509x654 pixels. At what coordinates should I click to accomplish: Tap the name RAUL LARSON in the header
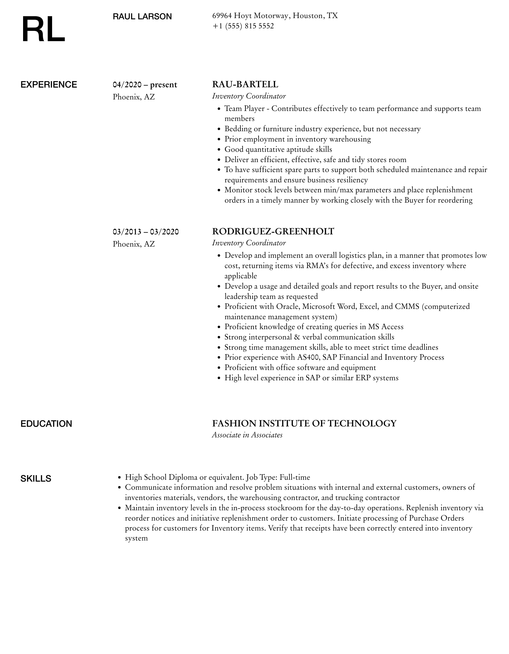click(x=142, y=17)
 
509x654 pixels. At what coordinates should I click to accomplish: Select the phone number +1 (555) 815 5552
click(x=243, y=26)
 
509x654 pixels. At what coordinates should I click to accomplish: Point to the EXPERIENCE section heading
click(x=49, y=85)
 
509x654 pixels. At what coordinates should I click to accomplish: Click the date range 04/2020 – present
click(x=145, y=85)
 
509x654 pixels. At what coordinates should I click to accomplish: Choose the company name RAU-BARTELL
click(x=245, y=84)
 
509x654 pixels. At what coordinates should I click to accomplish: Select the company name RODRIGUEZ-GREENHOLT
click(x=273, y=231)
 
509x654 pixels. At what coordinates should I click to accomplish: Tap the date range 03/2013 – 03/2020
click(x=146, y=232)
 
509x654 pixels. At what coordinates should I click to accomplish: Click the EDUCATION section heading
click(x=46, y=424)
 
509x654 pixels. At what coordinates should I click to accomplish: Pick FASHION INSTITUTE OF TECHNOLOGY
click(x=304, y=423)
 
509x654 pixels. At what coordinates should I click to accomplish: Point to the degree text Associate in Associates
click(x=247, y=435)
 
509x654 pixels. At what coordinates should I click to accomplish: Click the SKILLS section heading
click(x=36, y=478)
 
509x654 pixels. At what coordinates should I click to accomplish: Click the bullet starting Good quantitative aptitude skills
click(x=278, y=149)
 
